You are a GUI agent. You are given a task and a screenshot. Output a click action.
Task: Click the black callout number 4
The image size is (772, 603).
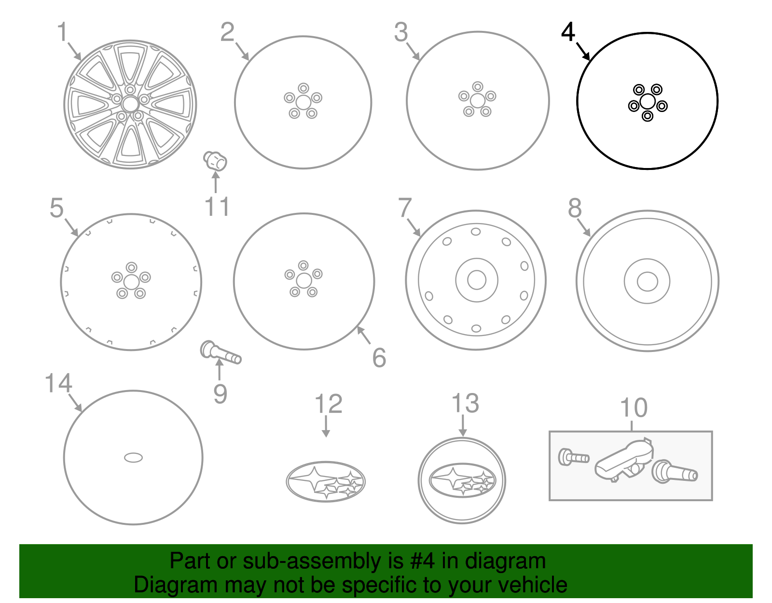click(568, 32)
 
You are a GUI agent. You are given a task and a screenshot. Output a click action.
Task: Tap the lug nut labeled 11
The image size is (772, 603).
click(215, 161)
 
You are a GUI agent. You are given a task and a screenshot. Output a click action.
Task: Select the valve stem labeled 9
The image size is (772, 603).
click(220, 352)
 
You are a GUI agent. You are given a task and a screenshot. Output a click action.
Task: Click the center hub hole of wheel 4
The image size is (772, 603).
click(647, 101)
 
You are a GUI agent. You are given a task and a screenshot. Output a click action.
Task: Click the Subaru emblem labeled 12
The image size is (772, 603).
click(326, 481)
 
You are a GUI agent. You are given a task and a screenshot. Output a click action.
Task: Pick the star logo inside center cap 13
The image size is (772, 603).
click(462, 480)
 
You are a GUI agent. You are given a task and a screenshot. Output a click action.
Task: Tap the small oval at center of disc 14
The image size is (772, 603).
click(133, 457)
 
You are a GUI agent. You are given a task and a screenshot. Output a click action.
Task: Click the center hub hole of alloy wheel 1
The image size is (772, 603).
click(130, 104)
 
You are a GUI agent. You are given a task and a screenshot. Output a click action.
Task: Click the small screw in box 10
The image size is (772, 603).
click(573, 456)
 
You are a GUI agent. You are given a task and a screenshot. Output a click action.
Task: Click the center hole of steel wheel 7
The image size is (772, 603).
click(476, 280)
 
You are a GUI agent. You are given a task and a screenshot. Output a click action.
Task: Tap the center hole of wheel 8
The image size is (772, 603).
click(647, 281)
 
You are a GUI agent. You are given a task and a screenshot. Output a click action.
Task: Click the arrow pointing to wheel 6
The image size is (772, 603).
click(363, 335)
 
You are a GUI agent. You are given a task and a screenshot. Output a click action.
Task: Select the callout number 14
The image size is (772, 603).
click(58, 384)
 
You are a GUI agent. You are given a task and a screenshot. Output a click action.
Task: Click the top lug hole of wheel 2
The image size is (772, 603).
click(303, 88)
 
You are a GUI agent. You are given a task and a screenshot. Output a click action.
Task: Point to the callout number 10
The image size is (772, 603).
click(633, 408)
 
